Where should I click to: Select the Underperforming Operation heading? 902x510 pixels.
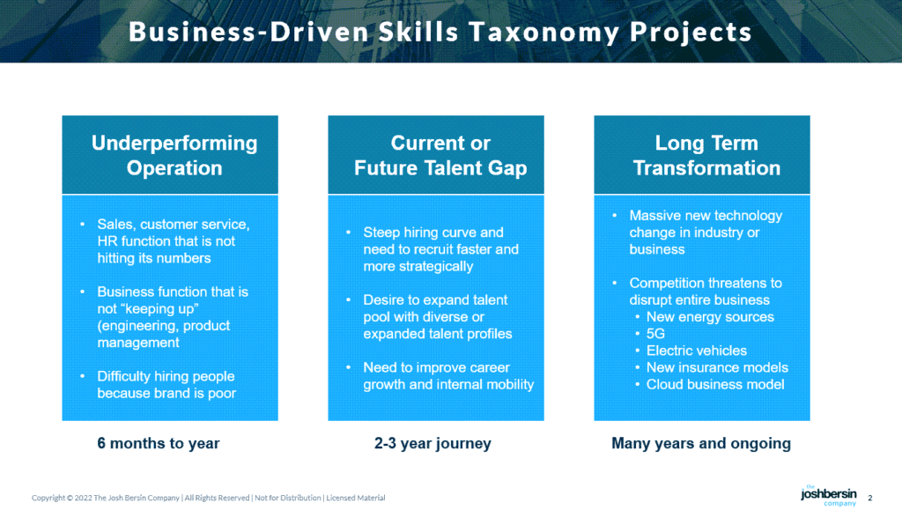pyautogui.click(x=174, y=155)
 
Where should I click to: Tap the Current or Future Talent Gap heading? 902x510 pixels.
pyautogui.click(x=440, y=155)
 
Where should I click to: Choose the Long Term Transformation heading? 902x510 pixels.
pyautogui.click(x=706, y=155)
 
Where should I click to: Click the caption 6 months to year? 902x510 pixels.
pyautogui.click(x=159, y=444)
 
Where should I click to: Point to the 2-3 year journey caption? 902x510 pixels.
pyautogui.click(x=433, y=444)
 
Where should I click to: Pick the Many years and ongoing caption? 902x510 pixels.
pyautogui.click(x=701, y=444)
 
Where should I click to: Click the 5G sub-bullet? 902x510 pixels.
pyautogui.click(x=655, y=334)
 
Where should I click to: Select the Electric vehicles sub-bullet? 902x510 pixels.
pyautogui.click(x=696, y=351)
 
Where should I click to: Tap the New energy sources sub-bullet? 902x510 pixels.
pyautogui.click(x=710, y=317)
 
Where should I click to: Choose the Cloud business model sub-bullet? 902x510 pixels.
pyautogui.click(x=714, y=384)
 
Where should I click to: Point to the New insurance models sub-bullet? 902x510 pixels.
pyautogui.click(x=717, y=367)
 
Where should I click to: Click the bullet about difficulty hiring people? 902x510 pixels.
pyautogui.click(x=166, y=385)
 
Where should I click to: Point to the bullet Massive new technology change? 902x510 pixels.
pyautogui.click(x=705, y=233)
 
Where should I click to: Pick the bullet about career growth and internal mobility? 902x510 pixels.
pyautogui.click(x=448, y=376)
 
